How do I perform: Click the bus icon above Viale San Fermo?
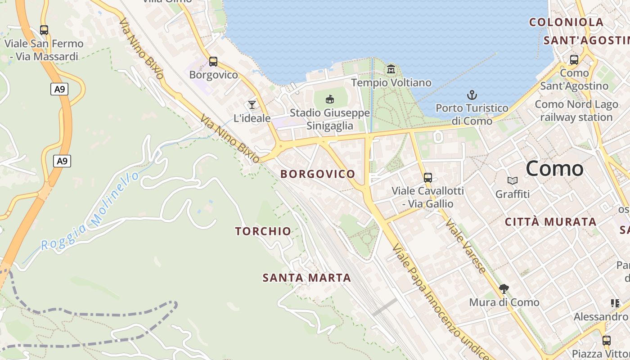pyautogui.click(x=44, y=30)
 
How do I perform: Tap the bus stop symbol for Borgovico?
pyautogui.click(x=213, y=61)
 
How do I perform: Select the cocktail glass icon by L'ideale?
pyautogui.click(x=252, y=105)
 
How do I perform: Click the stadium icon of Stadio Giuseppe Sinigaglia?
pyautogui.click(x=330, y=99)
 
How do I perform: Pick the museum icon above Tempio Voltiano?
pyautogui.click(x=391, y=69)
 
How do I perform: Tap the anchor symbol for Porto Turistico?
pyautogui.click(x=472, y=95)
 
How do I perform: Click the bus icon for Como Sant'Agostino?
pyautogui.click(x=574, y=59)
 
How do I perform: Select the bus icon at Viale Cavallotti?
pyautogui.click(x=427, y=177)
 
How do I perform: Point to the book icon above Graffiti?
pyautogui.click(x=512, y=181)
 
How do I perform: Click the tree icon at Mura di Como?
pyautogui.click(x=504, y=288)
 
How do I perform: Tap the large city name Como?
pyautogui.click(x=554, y=169)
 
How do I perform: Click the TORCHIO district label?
pyautogui.click(x=263, y=231)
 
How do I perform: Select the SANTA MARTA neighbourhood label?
pyautogui.click(x=307, y=278)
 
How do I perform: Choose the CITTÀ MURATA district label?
pyautogui.click(x=551, y=222)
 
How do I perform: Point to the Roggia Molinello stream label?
pyautogui.click(x=90, y=211)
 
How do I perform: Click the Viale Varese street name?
pyautogui.click(x=466, y=246)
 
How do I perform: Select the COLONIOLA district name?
pyautogui.click(x=566, y=22)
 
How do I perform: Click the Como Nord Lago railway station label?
pyautogui.click(x=576, y=111)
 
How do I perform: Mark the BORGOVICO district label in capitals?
pyautogui.click(x=318, y=174)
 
